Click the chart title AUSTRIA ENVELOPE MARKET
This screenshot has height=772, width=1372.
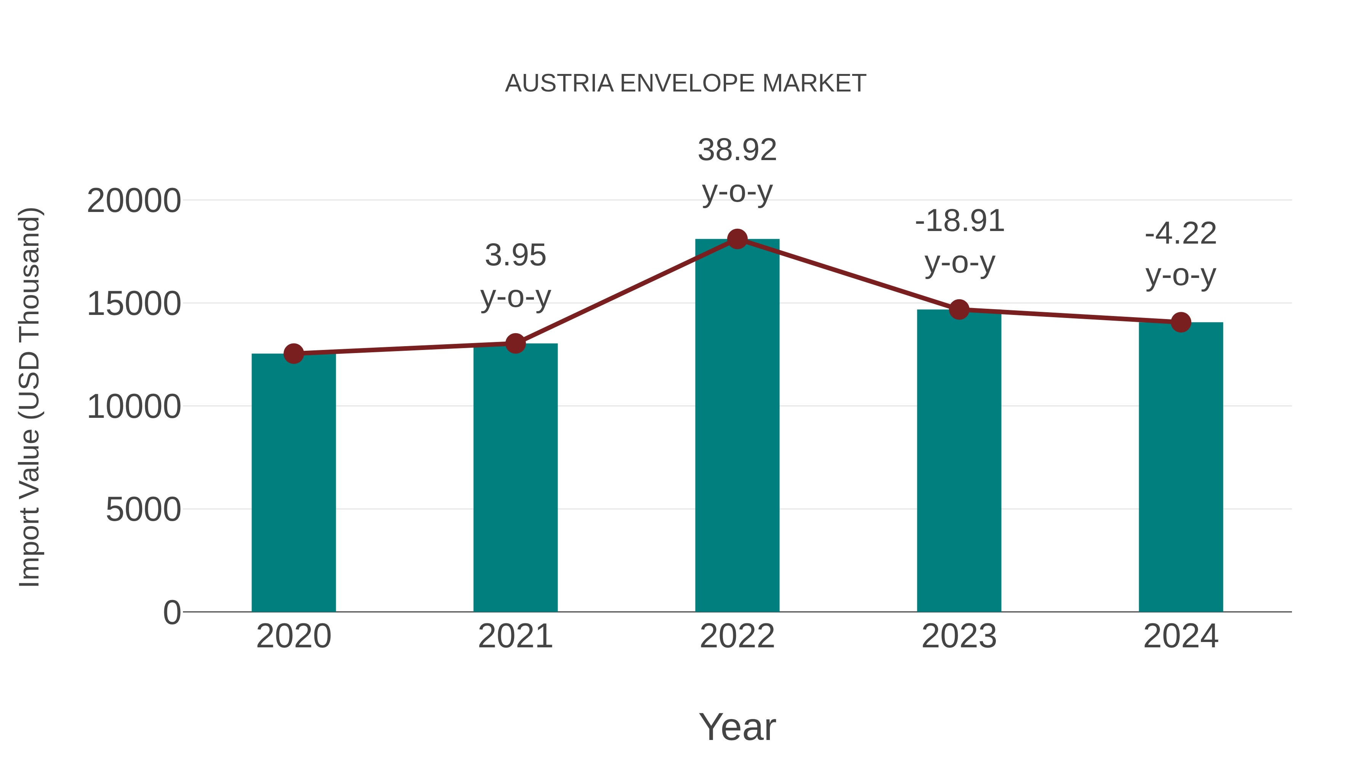(x=686, y=83)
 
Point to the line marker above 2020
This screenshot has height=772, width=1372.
(x=293, y=353)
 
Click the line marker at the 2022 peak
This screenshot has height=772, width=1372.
(x=737, y=239)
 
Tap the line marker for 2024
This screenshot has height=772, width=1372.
(x=1181, y=322)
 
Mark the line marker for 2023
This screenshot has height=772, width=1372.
(x=959, y=309)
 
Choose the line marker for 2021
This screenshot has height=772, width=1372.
(x=515, y=343)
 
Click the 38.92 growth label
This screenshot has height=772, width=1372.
(x=737, y=150)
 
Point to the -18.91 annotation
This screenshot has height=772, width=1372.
(x=959, y=221)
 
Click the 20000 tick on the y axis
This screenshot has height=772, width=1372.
(x=134, y=201)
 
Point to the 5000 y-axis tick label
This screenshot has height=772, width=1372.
(x=143, y=510)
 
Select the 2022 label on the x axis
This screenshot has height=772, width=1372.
(x=737, y=636)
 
